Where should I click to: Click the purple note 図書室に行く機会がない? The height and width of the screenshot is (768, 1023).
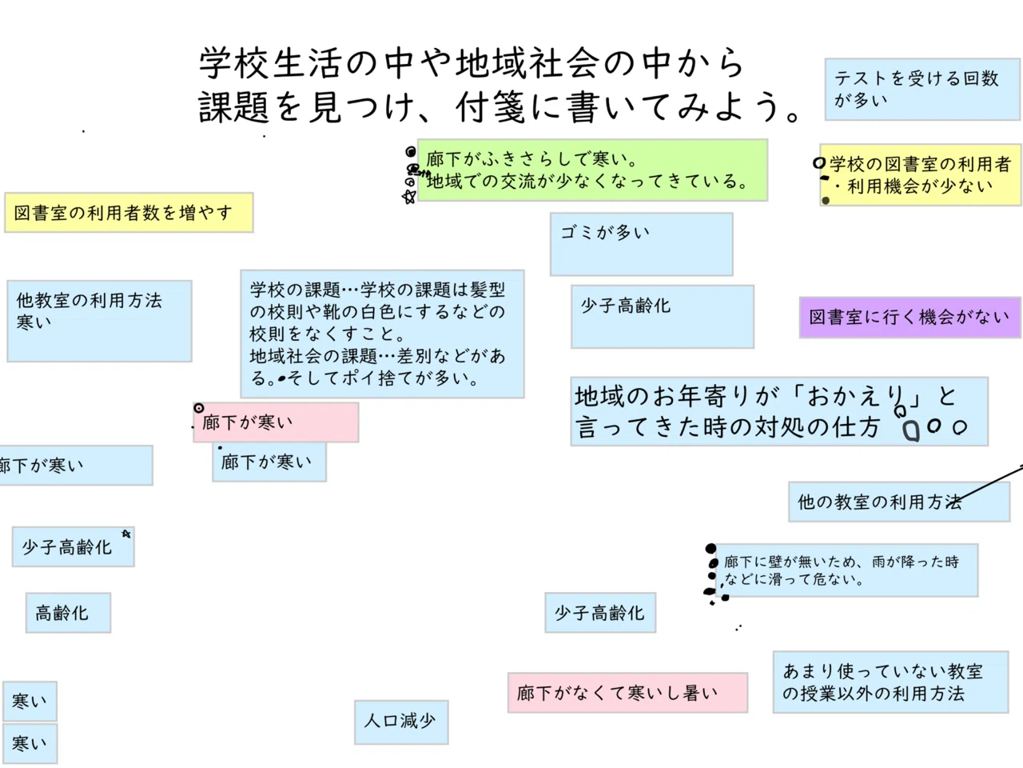[x=910, y=317]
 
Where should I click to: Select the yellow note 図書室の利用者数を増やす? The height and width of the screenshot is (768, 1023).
[x=129, y=213]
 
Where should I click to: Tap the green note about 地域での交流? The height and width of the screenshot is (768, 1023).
[x=591, y=170]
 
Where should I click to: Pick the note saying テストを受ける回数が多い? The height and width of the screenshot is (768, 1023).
[x=922, y=89]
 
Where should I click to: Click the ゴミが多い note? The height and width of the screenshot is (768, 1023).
[x=641, y=244]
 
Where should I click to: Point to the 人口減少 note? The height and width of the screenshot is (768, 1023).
[x=400, y=722]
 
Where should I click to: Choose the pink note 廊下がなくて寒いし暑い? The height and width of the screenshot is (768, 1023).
[x=627, y=693]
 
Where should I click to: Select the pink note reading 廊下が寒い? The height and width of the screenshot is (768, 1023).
[x=276, y=422]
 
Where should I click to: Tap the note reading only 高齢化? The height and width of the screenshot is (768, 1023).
[x=68, y=614]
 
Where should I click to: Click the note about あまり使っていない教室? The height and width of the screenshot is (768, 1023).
[x=890, y=682]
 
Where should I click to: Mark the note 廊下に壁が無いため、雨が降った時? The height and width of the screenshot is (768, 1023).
[x=847, y=570]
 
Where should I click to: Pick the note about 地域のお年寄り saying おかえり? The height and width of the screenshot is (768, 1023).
[x=779, y=411]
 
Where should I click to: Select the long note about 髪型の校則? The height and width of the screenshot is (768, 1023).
[x=382, y=334]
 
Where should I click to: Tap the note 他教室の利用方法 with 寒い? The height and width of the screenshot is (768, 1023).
[x=99, y=321]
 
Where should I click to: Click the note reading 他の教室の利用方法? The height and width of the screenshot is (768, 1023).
[x=898, y=502]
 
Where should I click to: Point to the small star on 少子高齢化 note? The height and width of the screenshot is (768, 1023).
[x=125, y=534]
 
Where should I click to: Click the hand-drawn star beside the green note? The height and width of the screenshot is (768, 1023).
[x=409, y=197]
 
